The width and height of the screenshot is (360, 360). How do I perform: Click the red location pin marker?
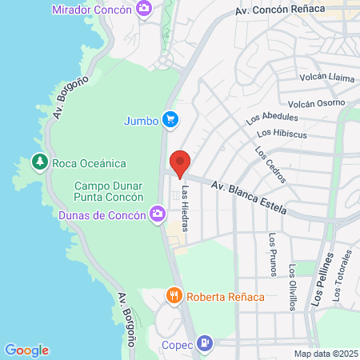180,163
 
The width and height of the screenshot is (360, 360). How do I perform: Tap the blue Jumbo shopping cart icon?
170,120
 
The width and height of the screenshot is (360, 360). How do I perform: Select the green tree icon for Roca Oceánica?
39,162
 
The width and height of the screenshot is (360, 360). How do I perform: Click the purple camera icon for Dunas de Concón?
158,214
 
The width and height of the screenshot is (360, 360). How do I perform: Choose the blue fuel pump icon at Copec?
206,344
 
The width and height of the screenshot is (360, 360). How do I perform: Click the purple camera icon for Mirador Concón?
144,9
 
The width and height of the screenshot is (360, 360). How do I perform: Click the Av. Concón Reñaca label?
281,10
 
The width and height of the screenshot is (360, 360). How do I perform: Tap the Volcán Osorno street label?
316,102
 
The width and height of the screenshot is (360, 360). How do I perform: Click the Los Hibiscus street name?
282,133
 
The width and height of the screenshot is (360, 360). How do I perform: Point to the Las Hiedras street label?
186,209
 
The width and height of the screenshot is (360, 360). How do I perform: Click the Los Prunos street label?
274,254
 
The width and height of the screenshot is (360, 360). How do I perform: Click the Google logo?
26,350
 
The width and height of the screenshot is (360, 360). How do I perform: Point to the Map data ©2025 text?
325,354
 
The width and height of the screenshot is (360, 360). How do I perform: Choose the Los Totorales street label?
343,277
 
